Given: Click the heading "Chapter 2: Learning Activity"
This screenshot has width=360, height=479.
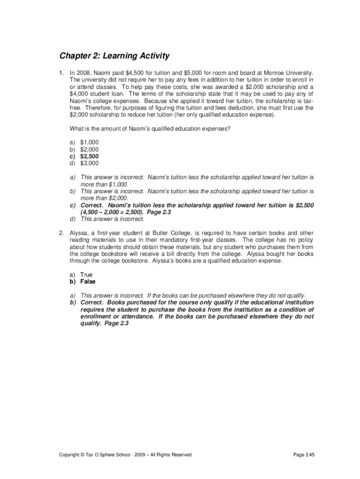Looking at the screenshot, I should (114, 57).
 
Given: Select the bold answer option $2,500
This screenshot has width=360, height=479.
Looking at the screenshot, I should (89, 156).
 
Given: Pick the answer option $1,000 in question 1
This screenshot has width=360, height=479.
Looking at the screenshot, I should (89, 142).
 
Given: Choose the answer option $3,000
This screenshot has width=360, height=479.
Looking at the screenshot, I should (89, 163).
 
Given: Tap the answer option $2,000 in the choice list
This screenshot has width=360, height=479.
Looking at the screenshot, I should (89, 149).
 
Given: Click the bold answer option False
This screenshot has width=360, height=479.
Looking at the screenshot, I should (88, 282).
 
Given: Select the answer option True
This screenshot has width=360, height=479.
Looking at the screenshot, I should (86, 275).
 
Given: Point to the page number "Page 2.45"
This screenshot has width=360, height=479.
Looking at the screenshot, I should (304, 455).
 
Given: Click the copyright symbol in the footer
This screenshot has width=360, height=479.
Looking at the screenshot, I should (82, 455).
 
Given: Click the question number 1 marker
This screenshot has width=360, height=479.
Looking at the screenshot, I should (61, 73).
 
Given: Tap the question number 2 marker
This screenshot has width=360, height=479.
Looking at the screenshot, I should (61, 233).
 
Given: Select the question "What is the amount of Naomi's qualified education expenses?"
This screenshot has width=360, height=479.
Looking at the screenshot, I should (150, 129).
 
